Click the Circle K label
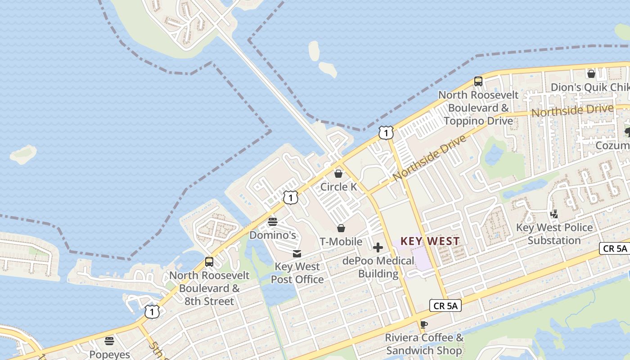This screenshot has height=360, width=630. click(x=338, y=187)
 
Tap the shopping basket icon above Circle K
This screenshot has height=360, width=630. click(x=338, y=174)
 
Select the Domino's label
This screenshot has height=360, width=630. click(x=273, y=235)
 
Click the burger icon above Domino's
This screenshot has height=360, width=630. click(x=273, y=222)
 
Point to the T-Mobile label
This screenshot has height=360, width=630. click(x=341, y=242)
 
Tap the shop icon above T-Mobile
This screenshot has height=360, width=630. click(x=341, y=228)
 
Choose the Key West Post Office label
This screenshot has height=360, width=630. click(x=297, y=273)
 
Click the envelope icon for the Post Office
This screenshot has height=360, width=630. click(x=297, y=254)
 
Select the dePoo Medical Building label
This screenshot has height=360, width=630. click(x=378, y=267)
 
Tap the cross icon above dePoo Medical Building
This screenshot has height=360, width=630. click(x=378, y=247)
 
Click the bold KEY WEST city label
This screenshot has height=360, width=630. click(x=430, y=241)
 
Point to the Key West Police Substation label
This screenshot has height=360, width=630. click(x=554, y=234)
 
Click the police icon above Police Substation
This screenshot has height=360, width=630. click(x=554, y=214)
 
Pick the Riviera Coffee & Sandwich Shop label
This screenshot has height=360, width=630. click(x=424, y=344)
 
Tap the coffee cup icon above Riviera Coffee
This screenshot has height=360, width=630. click(x=423, y=324)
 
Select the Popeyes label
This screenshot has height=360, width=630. click(x=110, y=355)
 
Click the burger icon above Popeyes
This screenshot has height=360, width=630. click(x=109, y=341)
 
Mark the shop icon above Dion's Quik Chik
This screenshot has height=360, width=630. click(x=591, y=74)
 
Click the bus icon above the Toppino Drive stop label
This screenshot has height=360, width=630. click(x=478, y=81)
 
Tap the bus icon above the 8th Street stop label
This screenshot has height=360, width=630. click(x=209, y=262)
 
